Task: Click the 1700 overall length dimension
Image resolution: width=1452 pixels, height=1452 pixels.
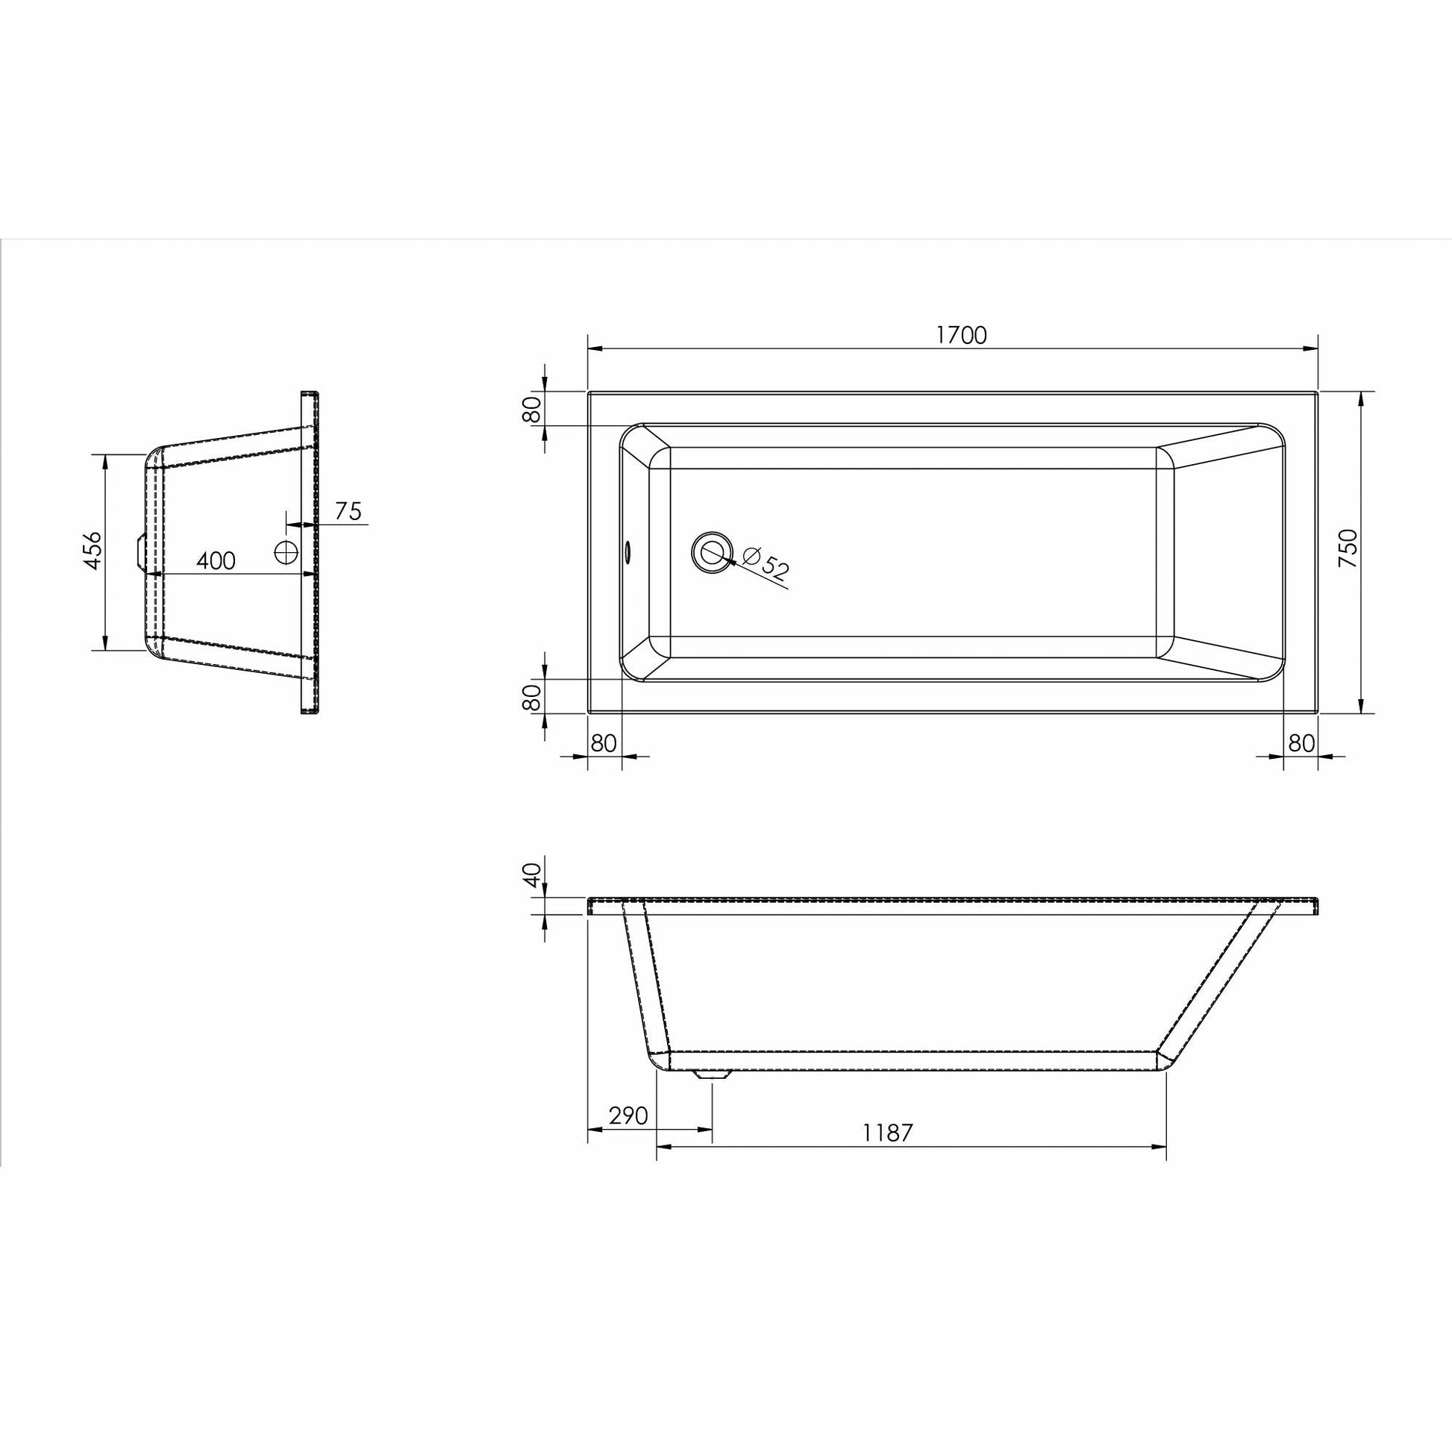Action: [x=961, y=335]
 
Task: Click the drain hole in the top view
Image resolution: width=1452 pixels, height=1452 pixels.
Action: [x=711, y=552]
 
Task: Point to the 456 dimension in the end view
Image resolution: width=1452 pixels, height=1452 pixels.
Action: [x=93, y=550]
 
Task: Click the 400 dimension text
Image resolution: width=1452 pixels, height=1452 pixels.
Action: [x=216, y=560]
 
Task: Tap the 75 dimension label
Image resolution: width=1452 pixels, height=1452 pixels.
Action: [x=348, y=511]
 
